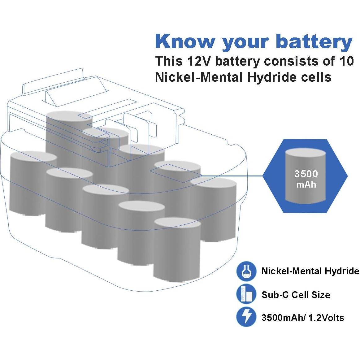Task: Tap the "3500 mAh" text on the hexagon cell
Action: tap(306, 179)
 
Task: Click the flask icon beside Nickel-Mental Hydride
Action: tap(246, 271)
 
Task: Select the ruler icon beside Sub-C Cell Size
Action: tap(246, 294)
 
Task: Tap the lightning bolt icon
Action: tap(246, 317)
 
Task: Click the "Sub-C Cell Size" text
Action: tap(296, 295)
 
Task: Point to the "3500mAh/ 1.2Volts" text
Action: tap(302, 318)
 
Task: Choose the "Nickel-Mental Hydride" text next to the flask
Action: tap(310, 271)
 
